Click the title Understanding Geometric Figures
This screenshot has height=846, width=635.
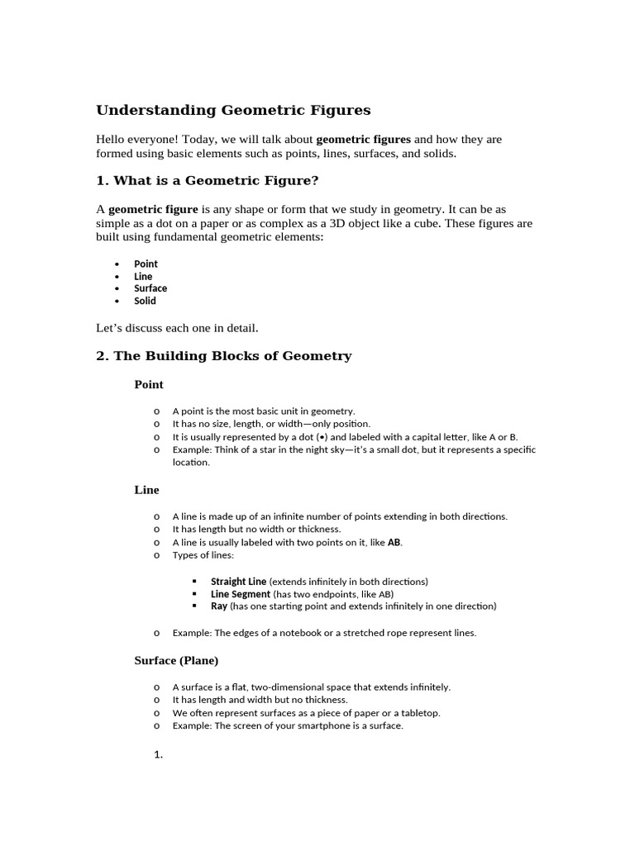233,110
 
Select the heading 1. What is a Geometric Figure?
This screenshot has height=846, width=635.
208,180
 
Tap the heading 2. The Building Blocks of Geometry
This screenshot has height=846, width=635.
224,356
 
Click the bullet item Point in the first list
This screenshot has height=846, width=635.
146,264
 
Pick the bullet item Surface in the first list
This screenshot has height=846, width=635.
150,288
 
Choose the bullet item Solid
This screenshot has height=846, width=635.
145,301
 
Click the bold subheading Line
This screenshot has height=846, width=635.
146,490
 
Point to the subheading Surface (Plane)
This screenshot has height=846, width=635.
176,661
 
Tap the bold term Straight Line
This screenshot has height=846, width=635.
238,582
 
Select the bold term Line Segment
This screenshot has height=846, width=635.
241,594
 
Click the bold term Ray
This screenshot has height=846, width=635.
219,606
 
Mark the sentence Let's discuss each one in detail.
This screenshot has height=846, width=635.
177,328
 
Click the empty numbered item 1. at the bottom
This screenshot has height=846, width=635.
158,754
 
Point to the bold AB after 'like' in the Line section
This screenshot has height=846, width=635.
394,543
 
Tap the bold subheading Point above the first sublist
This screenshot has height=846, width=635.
149,385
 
